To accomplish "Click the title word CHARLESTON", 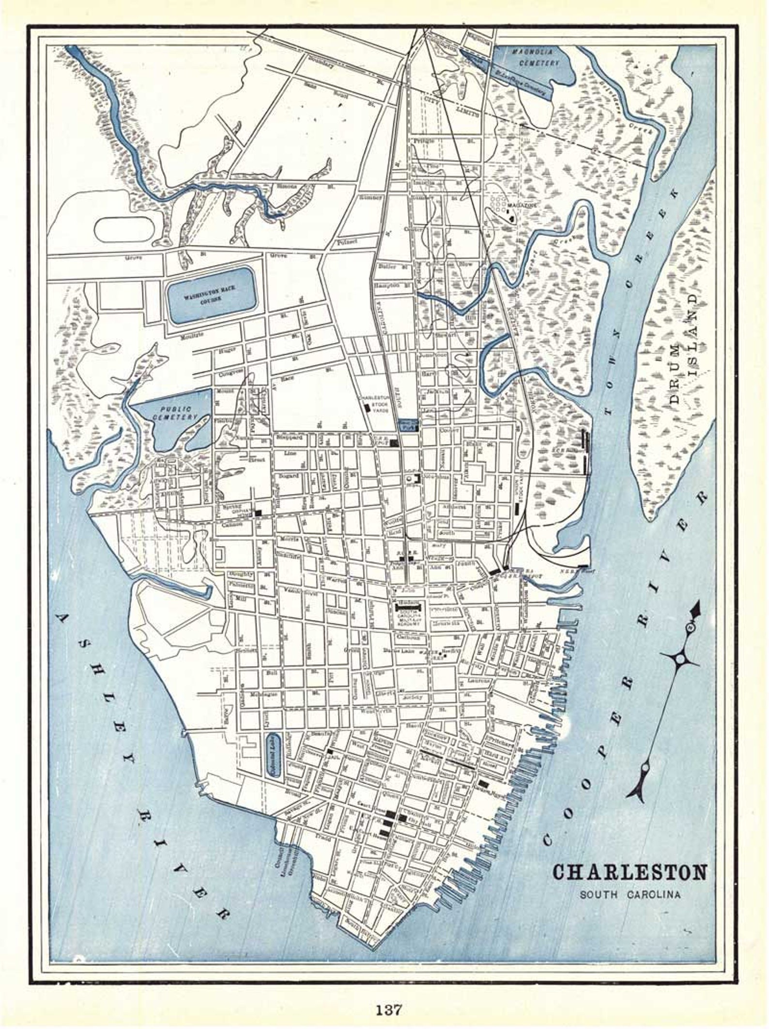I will point(630,872).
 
